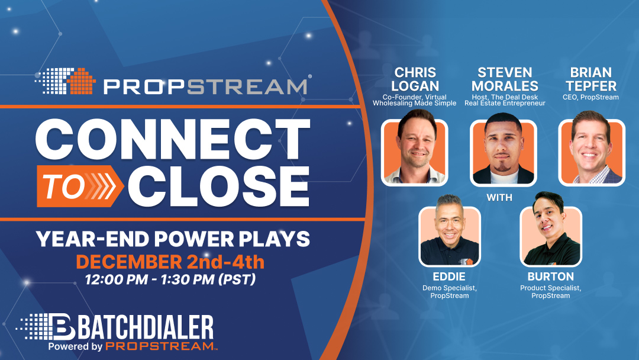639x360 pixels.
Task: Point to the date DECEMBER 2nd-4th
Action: [170, 261]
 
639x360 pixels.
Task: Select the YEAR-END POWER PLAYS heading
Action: [173, 239]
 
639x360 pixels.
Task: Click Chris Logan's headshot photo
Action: [414, 152]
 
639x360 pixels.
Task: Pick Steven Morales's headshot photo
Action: [504, 152]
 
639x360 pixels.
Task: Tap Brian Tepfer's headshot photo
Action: [592, 152]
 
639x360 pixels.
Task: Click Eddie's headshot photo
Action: [449, 236]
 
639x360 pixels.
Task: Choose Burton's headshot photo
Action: [551, 236]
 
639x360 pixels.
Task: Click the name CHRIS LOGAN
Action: [415, 79]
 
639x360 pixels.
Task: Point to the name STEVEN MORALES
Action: [505, 79]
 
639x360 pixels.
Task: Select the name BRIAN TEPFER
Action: [592, 79]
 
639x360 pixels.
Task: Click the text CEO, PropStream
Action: [592, 97]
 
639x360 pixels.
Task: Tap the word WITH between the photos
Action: [500, 197]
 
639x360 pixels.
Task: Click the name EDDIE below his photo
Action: [449, 276]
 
